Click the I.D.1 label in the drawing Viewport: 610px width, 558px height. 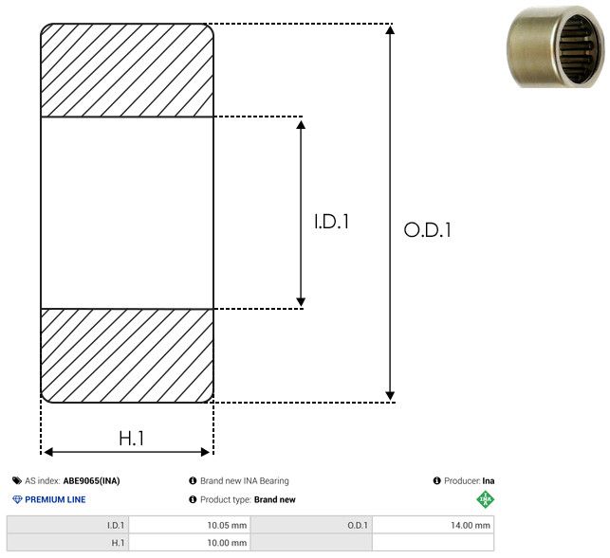click(x=331, y=221)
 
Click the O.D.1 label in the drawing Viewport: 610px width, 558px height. click(x=428, y=229)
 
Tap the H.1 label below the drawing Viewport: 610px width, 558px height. click(x=132, y=439)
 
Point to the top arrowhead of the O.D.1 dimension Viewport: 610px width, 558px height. click(x=390, y=29)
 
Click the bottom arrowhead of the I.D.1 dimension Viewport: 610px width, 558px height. click(x=301, y=302)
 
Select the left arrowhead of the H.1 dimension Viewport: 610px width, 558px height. click(x=48, y=452)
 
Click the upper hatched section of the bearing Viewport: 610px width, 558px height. click(x=127, y=70)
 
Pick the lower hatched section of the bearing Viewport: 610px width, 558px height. click(x=127, y=355)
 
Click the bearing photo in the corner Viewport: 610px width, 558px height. click(x=556, y=46)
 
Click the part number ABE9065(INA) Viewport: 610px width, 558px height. click(x=91, y=480)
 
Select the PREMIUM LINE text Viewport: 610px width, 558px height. click(x=55, y=499)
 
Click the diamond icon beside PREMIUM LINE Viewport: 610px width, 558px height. click(x=17, y=499)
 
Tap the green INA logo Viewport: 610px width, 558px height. click(x=485, y=499)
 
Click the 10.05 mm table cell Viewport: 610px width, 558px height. click(x=190, y=525)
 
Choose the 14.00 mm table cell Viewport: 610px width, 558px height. click(x=433, y=525)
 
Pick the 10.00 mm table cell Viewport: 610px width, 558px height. click(x=190, y=543)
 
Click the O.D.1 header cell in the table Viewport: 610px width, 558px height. click(x=311, y=525)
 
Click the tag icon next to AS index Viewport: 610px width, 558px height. click(x=17, y=480)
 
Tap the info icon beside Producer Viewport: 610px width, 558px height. click(x=437, y=480)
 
